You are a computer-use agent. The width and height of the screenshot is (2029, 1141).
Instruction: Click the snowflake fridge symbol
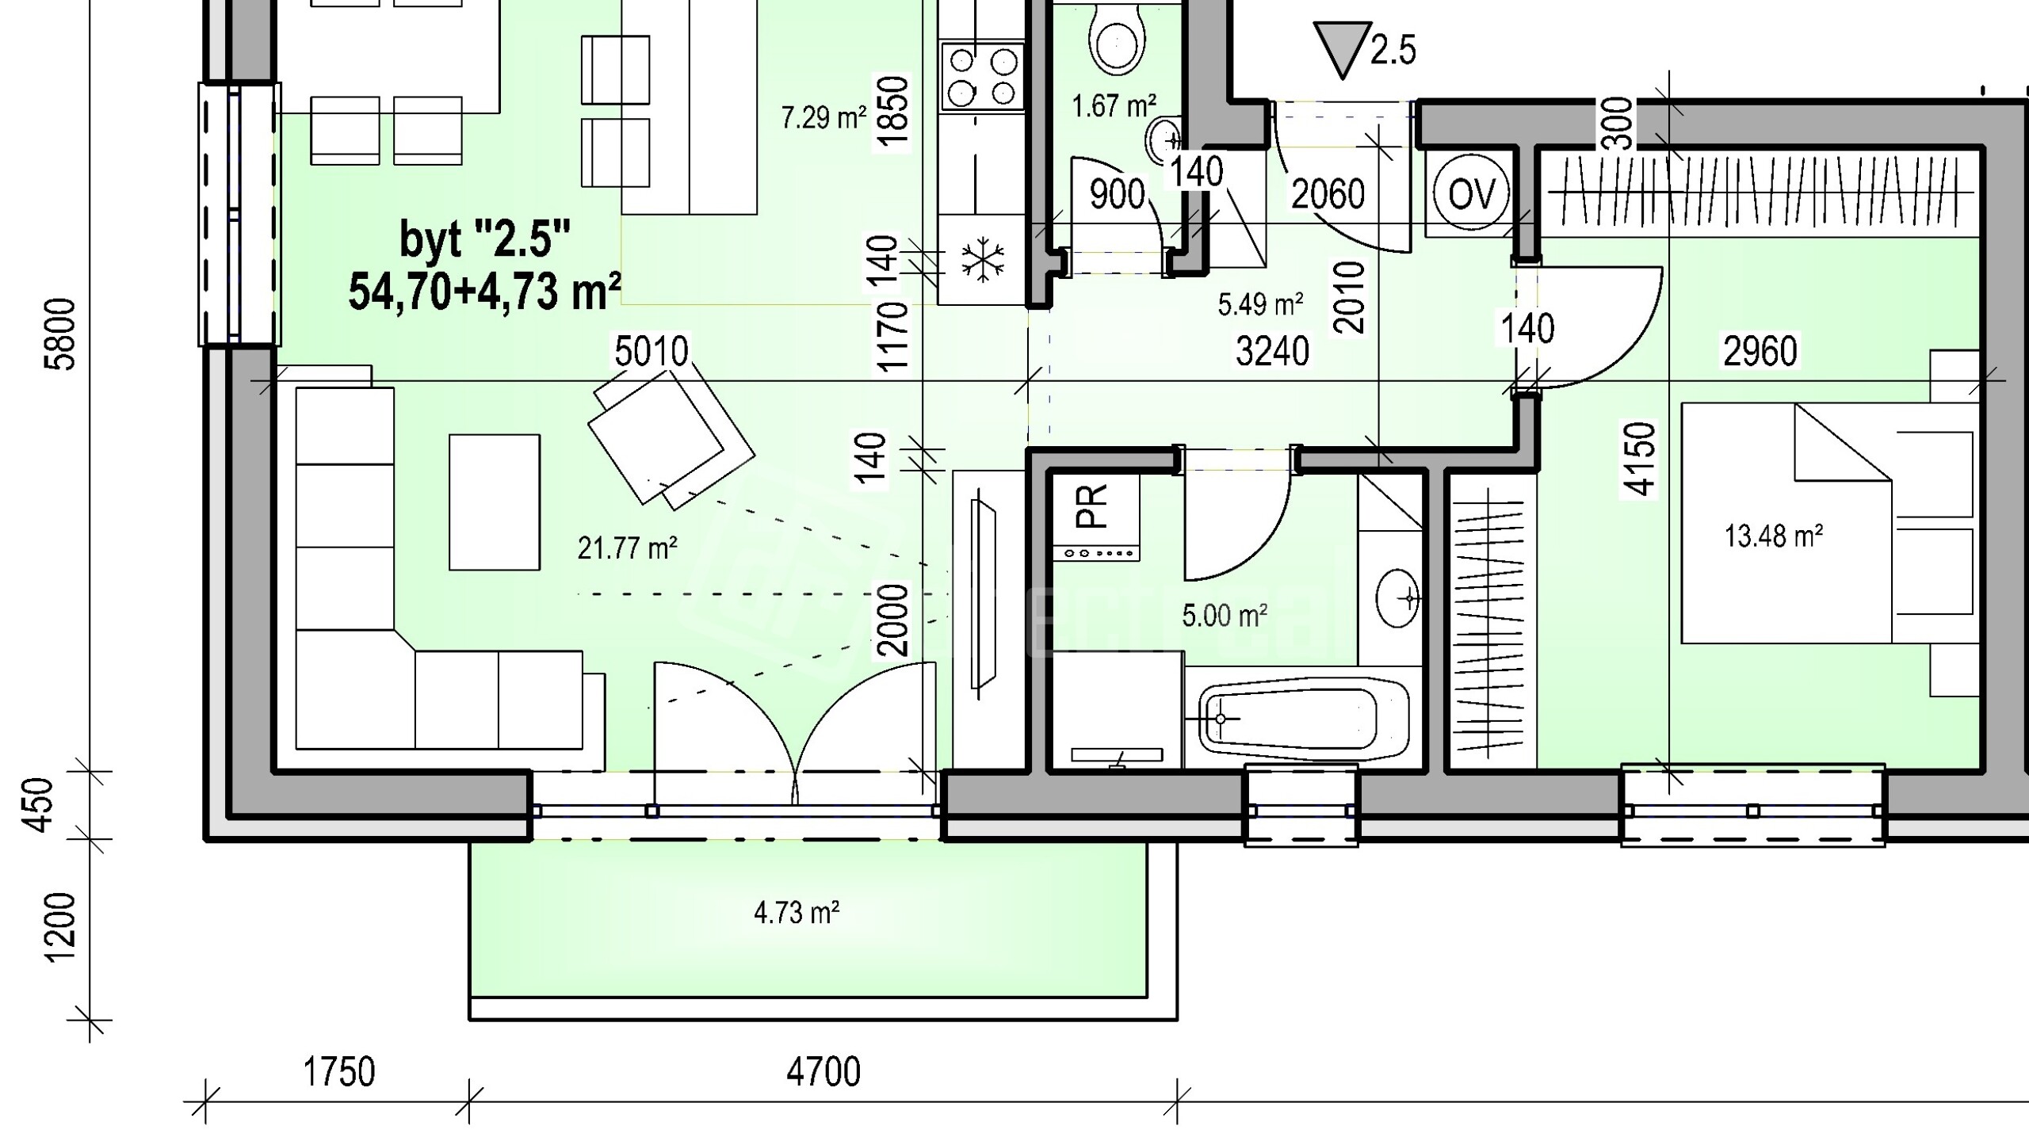(983, 259)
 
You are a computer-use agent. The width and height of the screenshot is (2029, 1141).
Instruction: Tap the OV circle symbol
(1471, 193)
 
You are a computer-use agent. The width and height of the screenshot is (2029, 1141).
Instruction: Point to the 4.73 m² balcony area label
(797, 913)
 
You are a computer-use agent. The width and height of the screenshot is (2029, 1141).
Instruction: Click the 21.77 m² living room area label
(627, 548)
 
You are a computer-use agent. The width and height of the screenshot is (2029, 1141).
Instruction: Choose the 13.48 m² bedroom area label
(1774, 536)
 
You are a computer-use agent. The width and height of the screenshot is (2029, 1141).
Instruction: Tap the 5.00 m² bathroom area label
(1225, 616)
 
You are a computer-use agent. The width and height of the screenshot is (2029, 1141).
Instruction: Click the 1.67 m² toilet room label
(1114, 105)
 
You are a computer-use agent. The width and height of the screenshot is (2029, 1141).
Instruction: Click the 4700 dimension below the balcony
(823, 1072)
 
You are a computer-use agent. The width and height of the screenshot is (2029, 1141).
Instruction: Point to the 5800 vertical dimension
(62, 334)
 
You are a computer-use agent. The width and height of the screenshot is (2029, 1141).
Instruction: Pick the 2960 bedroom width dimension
(1760, 351)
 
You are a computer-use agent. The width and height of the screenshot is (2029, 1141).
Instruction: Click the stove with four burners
(983, 76)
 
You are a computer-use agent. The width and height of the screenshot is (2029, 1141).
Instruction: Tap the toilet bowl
(1117, 36)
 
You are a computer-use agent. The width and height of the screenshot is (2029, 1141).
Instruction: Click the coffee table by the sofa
(495, 502)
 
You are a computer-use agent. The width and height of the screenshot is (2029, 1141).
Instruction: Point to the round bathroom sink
(1398, 597)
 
